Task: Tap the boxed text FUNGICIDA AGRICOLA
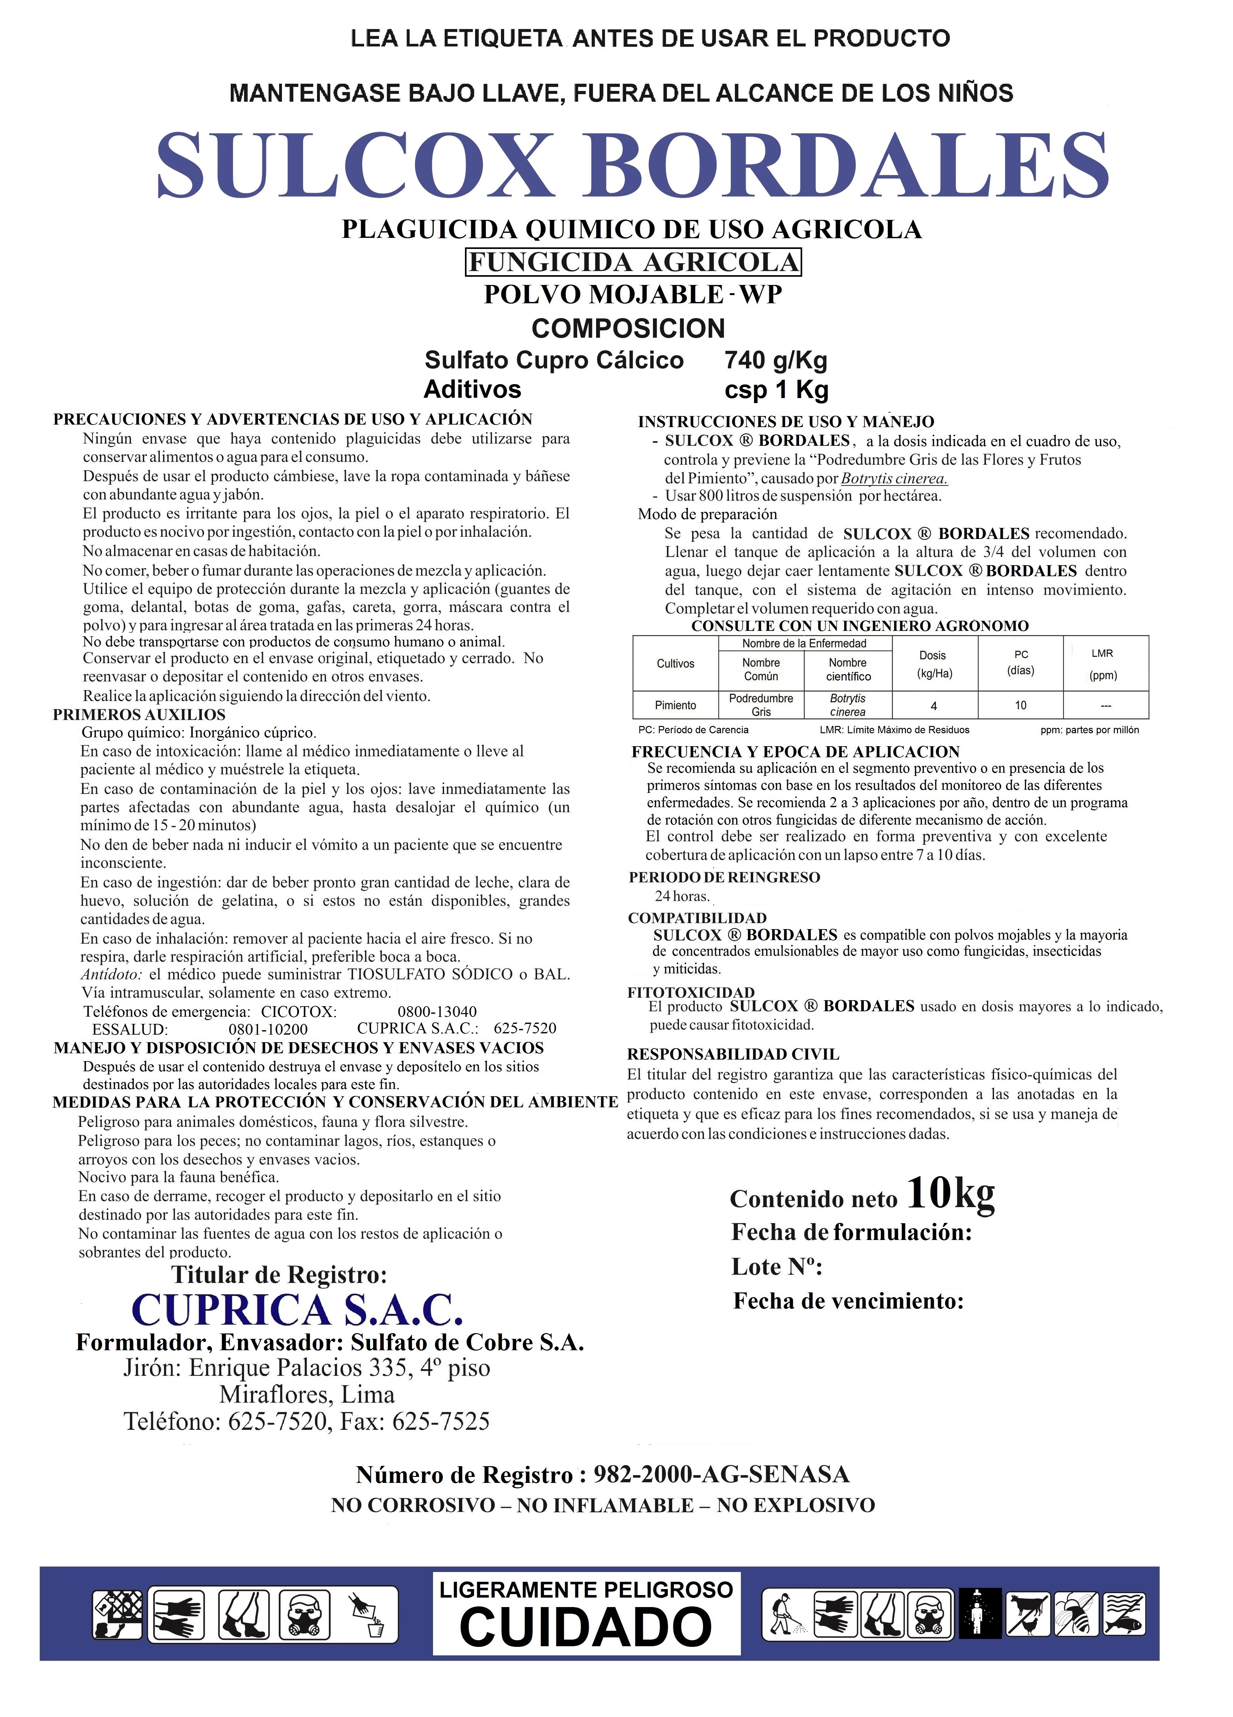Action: pos(633,262)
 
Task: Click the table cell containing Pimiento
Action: pos(675,705)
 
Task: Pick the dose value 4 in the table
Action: pos(934,705)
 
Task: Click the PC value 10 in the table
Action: pos(1020,705)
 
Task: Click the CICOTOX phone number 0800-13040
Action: pos(437,1012)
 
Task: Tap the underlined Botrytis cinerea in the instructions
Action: pos(894,479)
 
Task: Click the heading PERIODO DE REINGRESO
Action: pos(724,877)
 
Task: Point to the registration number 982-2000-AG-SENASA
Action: pos(721,1475)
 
